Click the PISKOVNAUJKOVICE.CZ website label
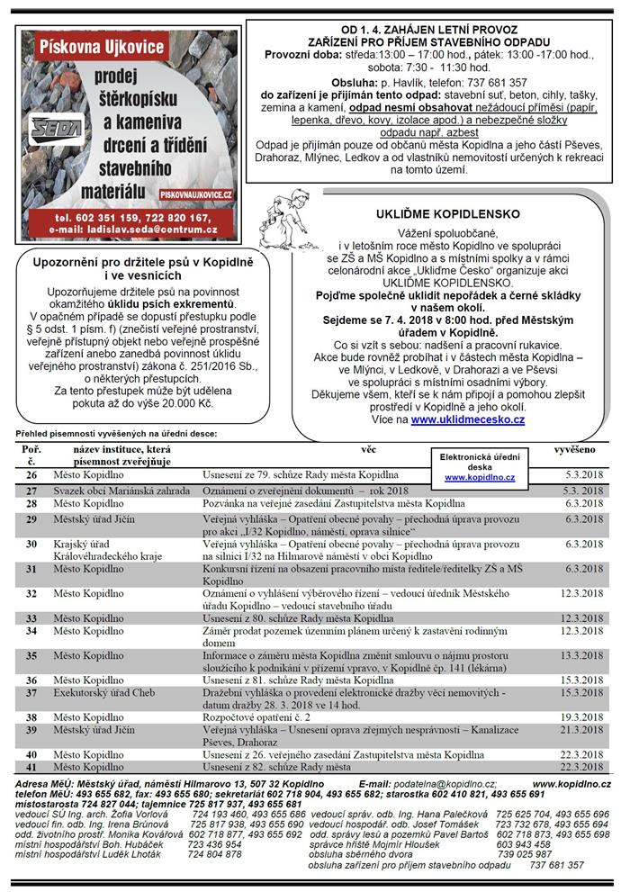click(x=197, y=194)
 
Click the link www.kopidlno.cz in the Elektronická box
click(x=479, y=478)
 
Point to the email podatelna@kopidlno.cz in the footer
click(x=440, y=785)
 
